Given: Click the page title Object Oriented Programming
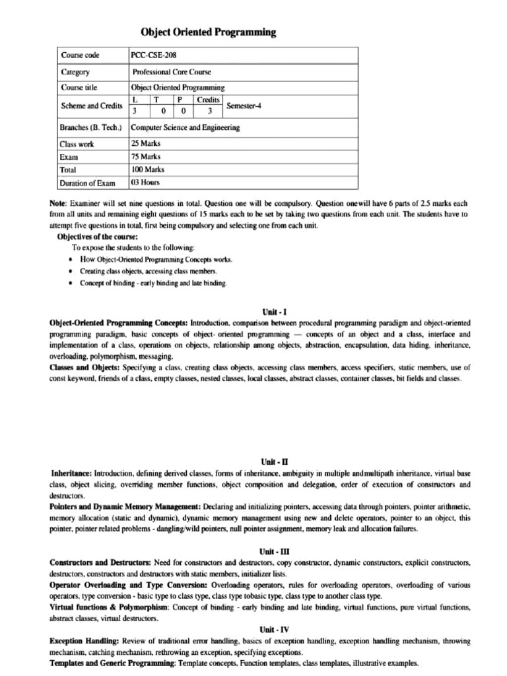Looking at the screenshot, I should pos(209,32).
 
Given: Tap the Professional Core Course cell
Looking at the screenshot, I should pos(172,72).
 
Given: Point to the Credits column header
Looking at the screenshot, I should pos(208,99).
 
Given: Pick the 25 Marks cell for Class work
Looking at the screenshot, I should pos(146,143).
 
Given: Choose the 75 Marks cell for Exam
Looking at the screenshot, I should pos(146,156).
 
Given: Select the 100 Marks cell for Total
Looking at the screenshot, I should pos(148,170).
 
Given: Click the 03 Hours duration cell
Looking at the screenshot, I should pos(146,183).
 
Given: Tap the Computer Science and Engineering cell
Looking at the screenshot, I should pos(186,127).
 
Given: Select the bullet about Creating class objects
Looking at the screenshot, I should pos(149,271).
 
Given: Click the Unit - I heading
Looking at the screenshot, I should pos(275,311).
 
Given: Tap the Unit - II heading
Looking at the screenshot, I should pos(275,462).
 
